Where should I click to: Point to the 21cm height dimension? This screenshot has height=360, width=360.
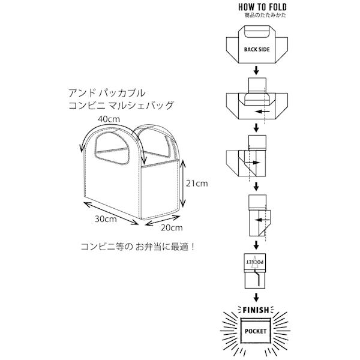click(x=196, y=183)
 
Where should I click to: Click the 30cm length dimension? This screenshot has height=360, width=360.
click(x=106, y=219)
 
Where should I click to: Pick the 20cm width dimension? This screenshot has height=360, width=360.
click(x=172, y=227)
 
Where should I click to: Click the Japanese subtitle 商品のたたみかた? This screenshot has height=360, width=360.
click(x=256, y=14)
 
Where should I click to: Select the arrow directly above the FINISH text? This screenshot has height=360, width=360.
click(x=257, y=296)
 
